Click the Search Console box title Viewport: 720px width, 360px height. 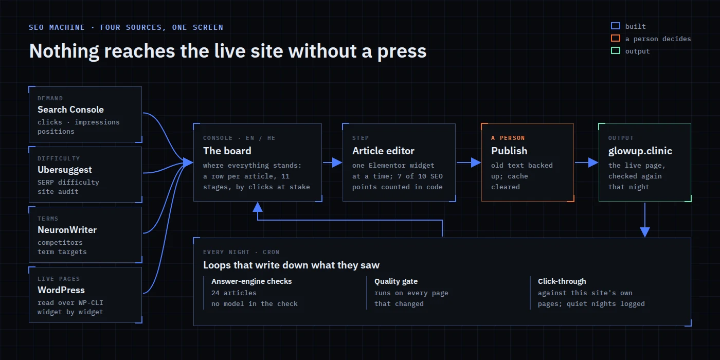[71, 110]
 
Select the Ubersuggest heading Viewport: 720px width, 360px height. [65, 170]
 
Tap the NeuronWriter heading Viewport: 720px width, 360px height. [67, 230]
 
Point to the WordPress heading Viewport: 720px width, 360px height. [61, 290]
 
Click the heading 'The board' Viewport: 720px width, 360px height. [227, 151]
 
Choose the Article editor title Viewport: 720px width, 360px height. [383, 151]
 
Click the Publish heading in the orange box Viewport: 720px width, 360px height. [509, 151]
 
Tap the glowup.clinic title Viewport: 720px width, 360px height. [640, 151]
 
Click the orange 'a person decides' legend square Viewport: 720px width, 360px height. [616, 38]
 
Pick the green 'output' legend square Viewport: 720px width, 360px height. [616, 50]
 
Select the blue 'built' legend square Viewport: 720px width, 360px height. [616, 26]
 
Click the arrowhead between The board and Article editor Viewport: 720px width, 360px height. [337, 163]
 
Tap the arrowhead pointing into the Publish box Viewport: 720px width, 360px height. [476, 163]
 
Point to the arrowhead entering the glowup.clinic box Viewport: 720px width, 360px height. [593, 163]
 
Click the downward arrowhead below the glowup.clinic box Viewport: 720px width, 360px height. [645, 232]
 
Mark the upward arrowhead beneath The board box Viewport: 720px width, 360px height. [258, 207]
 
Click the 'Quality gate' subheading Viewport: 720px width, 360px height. [396, 282]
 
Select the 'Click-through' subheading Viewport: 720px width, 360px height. [562, 281]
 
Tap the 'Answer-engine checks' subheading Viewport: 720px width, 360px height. [251, 282]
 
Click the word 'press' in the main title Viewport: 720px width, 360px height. [402, 52]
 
